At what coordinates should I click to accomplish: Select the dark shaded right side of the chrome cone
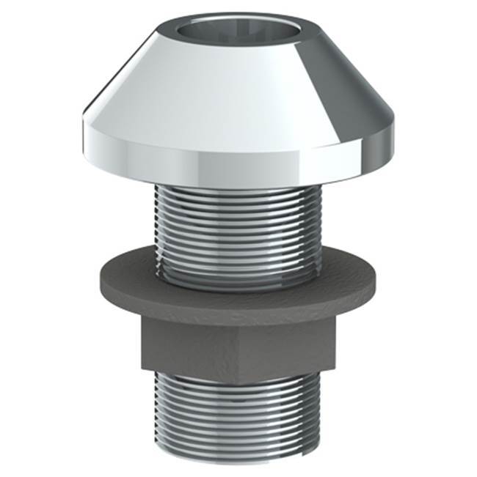345,88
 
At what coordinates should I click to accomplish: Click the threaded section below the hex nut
235,418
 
